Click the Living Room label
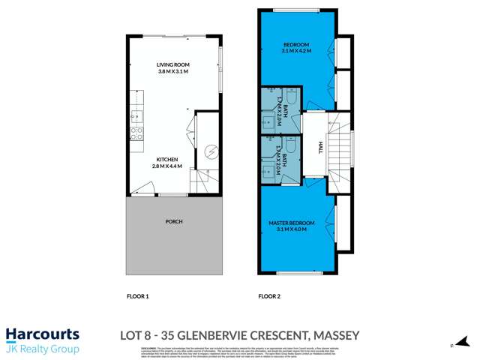tap(172, 64)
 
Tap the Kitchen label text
tap(166, 159)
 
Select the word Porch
tap(173, 221)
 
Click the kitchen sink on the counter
tap(136, 115)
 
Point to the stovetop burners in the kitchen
tap(136, 133)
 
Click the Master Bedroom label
tap(292, 223)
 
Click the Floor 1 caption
tap(138, 296)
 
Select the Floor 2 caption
tap(269, 296)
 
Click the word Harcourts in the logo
tap(42, 334)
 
